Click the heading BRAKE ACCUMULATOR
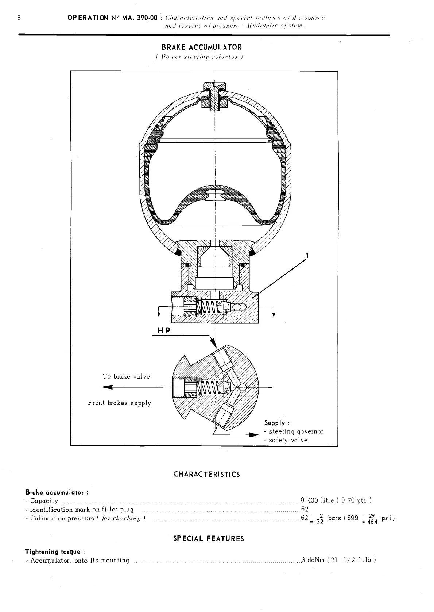(202, 47)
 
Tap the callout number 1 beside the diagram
(307, 256)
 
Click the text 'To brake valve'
(126, 376)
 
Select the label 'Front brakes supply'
(119, 403)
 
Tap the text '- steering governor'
(294, 431)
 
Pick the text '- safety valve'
(286, 440)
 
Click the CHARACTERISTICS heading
(207, 474)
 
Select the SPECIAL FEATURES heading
(209, 538)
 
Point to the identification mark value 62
(305, 509)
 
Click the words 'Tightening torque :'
(55, 551)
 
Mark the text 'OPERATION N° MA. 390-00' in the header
(112, 18)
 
